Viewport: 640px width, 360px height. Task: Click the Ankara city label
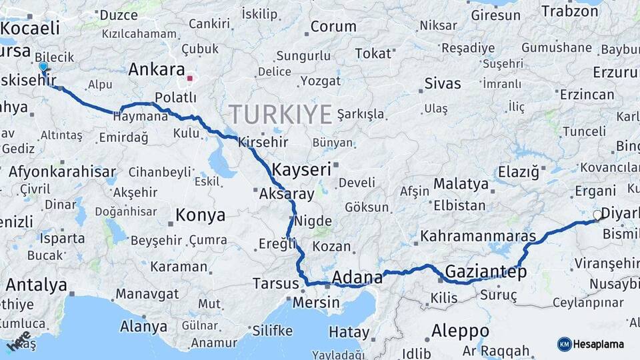tap(156, 69)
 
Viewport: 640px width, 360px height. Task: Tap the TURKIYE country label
tap(280, 115)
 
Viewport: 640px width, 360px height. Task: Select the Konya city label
tap(200, 215)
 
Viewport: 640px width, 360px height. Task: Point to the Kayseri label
tap(302, 169)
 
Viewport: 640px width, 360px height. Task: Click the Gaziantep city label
tap(485, 271)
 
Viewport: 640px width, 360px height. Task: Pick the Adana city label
tap(357, 277)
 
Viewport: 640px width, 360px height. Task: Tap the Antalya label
tap(36, 285)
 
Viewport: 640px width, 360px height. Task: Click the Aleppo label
tap(460, 331)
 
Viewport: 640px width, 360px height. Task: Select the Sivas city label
tap(443, 83)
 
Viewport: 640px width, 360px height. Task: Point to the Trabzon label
tap(570, 11)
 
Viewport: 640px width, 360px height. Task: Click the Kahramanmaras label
tap(478, 236)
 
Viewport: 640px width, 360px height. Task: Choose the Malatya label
tap(461, 183)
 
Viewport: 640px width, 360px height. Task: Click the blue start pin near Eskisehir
tap(43, 67)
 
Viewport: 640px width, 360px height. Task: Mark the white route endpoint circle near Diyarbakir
tap(597, 215)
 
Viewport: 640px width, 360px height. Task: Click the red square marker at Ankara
tap(190, 78)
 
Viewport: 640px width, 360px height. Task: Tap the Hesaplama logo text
tap(599, 344)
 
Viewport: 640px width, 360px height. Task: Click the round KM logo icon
tap(564, 344)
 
